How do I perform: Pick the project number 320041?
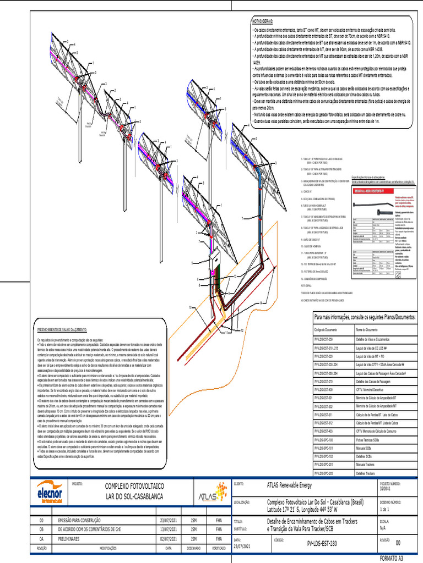388,488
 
